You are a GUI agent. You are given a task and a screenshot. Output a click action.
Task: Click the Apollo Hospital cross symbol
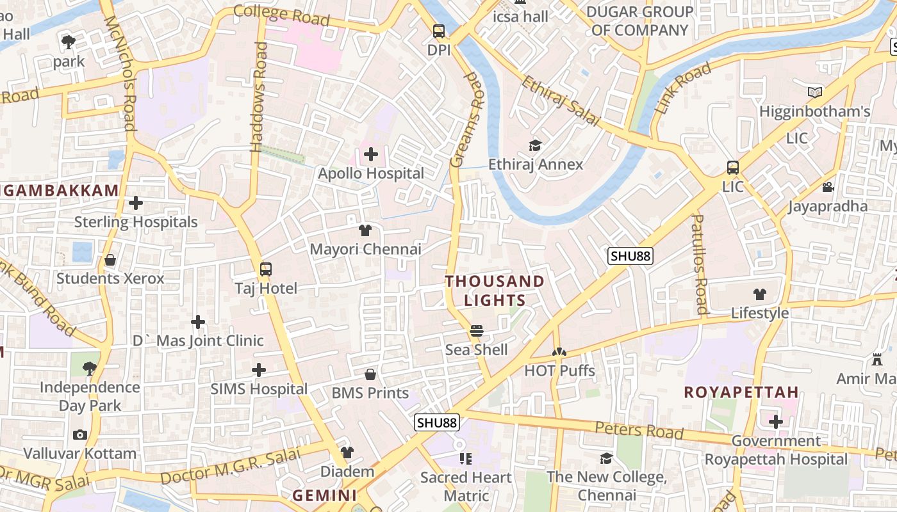point(371,154)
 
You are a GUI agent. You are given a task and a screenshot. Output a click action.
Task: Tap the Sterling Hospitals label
point(136,222)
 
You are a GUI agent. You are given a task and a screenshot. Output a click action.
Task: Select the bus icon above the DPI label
point(439,31)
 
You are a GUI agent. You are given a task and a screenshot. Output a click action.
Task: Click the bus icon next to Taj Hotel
point(266,269)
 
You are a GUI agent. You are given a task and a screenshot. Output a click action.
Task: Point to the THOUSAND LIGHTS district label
point(495,291)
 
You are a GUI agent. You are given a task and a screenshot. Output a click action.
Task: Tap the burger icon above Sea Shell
point(476,331)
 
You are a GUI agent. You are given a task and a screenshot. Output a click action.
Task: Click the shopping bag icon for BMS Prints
point(370,374)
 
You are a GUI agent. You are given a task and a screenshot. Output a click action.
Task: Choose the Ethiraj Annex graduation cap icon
point(535,146)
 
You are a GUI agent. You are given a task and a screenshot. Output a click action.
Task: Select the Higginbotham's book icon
point(814,93)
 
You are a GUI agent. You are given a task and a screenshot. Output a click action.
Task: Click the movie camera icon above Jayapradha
point(828,188)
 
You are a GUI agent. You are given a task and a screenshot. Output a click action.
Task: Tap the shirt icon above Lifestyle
point(760,294)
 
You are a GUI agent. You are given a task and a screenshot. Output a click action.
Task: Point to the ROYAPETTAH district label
point(741,392)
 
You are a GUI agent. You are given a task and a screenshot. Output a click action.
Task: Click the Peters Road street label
point(639,430)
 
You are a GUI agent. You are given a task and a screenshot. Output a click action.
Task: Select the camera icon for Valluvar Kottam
point(80,435)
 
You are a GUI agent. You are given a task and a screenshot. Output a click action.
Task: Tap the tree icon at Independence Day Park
point(90,368)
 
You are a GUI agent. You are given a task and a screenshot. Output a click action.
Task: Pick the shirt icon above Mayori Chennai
point(365,230)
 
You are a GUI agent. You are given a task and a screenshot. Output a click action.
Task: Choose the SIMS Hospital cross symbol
point(259,370)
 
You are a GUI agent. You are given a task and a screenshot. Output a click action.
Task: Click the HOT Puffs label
point(559,371)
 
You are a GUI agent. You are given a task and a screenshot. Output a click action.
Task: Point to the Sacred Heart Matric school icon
point(466,459)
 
